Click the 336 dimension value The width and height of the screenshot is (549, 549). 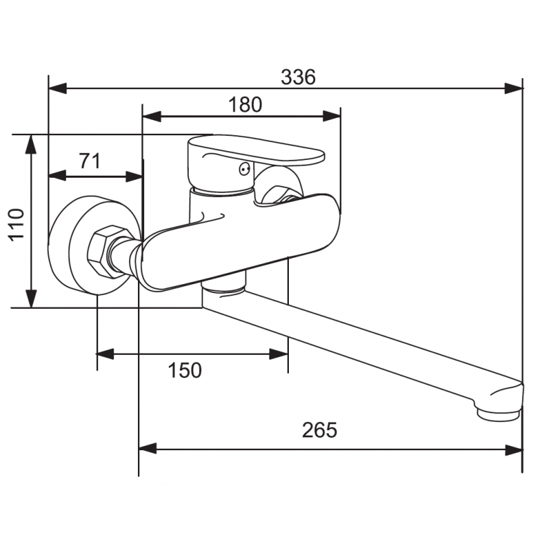[298, 78]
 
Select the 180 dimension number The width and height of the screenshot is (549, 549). [245, 104]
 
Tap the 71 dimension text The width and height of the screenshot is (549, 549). [89, 161]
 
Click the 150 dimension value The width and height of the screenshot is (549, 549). [185, 371]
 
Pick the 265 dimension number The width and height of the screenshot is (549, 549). [320, 430]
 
